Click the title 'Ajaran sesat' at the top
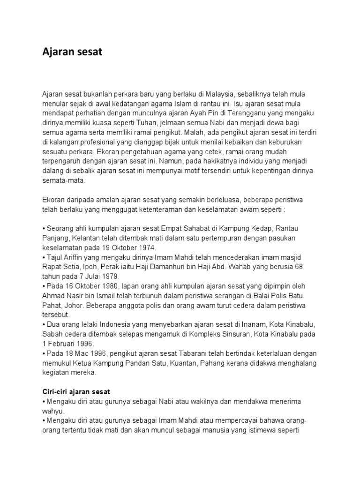tap(72, 52)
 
